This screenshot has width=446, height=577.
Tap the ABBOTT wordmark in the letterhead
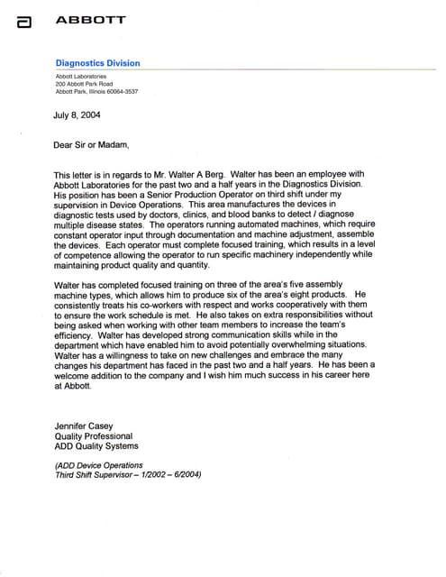click(91, 19)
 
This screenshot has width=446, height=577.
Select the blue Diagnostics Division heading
click(97, 63)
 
